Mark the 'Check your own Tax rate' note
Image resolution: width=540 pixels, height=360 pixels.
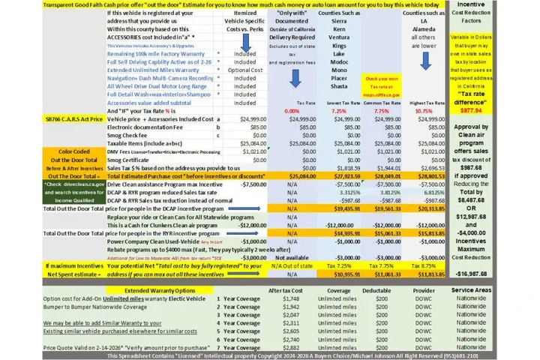tap(382, 82)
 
